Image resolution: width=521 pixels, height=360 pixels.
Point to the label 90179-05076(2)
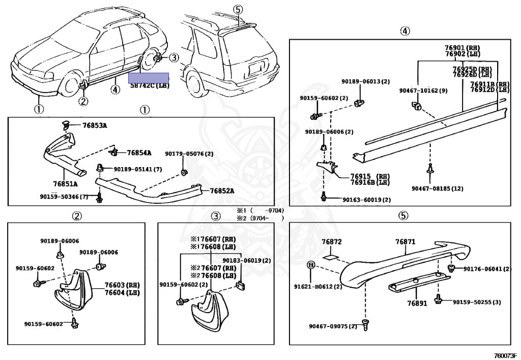click(189, 154)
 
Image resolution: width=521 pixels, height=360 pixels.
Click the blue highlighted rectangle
click(148, 78)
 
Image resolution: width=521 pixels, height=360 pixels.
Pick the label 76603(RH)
click(122, 285)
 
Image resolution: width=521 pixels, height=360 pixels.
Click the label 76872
click(331, 241)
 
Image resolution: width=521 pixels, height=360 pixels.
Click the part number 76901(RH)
click(462, 47)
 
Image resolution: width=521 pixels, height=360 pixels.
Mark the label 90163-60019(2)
click(366, 200)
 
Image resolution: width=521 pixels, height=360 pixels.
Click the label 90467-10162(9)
click(423, 91)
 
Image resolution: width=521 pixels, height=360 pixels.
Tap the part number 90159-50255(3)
click(477, 302)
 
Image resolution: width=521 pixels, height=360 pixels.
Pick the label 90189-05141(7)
click(137, 169)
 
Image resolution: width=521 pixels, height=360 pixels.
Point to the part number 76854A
click(139, 152)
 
